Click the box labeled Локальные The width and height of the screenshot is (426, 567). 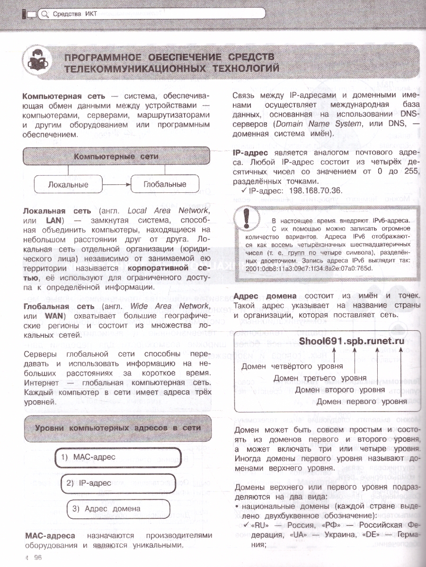(x=68, y=184)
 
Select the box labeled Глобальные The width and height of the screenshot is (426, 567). (x=165, y=184)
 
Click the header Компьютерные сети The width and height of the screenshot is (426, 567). (x=116, y=156)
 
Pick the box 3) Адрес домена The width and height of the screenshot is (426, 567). (x=118, y=508)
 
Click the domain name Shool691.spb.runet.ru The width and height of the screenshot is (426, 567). (x=354, y=341)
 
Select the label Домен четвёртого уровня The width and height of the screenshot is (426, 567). (x=292, y=366)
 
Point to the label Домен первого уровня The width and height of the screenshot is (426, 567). (x=362, y=402)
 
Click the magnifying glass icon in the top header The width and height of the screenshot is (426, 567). (x=45, y=14)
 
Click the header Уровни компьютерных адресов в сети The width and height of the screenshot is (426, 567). (x=118, y=428)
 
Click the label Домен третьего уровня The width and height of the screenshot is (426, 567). (x=320, y=378)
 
